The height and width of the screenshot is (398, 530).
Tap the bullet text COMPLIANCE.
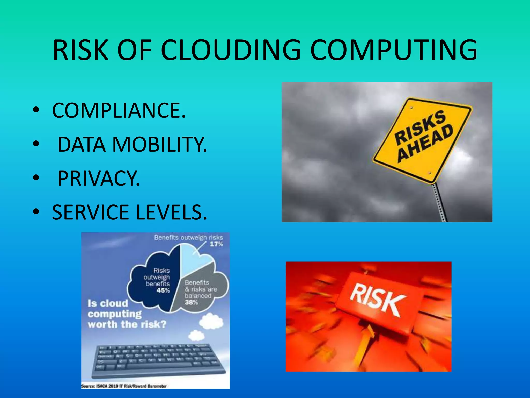(119, 110)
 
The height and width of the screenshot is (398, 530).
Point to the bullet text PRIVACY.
(98, 178)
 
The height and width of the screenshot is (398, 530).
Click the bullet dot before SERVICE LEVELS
(36, 212)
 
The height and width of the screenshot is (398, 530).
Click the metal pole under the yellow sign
(440, 202)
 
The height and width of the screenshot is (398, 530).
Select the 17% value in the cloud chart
(216, 244)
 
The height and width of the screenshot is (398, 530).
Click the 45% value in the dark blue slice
(163, 290)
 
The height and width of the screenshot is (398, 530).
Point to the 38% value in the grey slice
(191, 302)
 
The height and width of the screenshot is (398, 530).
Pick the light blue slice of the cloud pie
(192, 259)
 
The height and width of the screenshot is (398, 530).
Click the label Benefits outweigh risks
(188, 237)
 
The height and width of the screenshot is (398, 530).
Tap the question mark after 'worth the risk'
(163, 324)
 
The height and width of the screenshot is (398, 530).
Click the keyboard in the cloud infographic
(158, 360)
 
